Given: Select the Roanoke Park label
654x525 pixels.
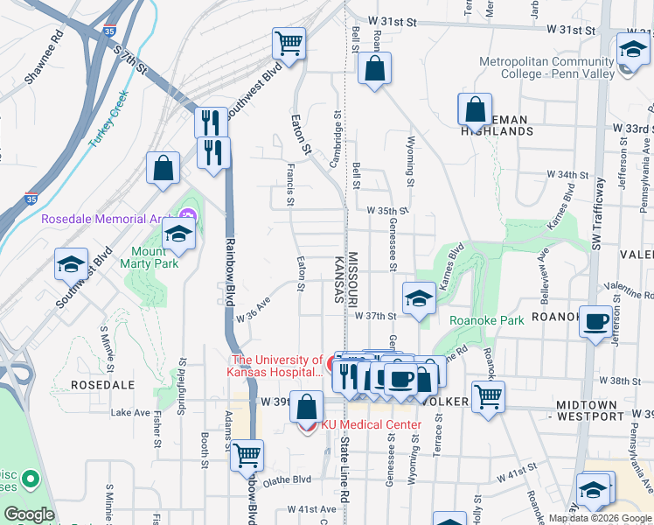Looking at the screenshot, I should [486, 320].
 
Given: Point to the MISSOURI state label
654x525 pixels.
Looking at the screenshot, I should [354, 278].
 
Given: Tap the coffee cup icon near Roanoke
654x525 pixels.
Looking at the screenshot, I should [597, 322].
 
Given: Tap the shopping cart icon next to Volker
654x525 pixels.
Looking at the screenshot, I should [488, 395].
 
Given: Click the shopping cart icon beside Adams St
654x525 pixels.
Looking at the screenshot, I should [248, 455].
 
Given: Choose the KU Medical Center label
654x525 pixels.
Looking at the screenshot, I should [371, 425].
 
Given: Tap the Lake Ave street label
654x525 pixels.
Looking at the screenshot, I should [130, 412].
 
